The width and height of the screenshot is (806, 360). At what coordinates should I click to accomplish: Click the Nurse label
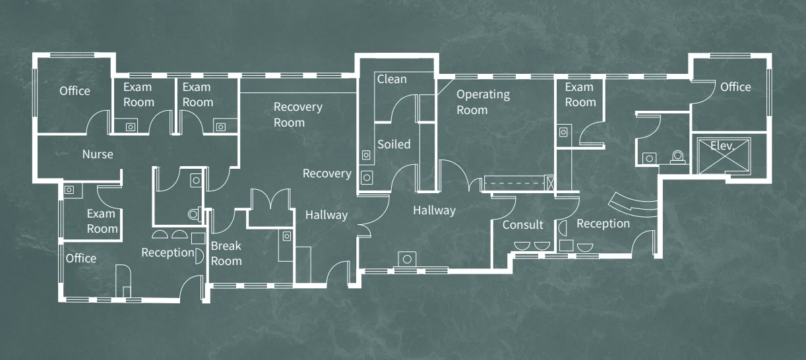98,154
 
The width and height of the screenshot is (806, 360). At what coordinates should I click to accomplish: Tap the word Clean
392,79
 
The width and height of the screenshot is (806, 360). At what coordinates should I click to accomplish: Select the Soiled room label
394,144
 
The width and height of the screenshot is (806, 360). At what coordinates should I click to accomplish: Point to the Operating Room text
483,102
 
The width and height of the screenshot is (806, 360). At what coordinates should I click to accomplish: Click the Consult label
523,225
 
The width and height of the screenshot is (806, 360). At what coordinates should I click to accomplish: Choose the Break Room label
226,254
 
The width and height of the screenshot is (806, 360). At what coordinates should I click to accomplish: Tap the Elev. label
722,146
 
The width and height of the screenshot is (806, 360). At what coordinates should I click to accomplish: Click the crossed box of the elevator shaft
724,156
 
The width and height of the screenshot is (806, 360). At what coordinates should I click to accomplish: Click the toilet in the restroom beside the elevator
677,157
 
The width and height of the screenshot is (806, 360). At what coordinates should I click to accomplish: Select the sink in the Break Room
287,236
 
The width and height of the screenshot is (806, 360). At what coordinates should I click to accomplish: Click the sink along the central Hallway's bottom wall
407,259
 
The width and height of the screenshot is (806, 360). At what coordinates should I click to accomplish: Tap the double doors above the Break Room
270,198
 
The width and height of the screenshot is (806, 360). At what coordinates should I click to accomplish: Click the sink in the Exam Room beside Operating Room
563,133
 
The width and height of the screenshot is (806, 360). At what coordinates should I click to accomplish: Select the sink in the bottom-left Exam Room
69,190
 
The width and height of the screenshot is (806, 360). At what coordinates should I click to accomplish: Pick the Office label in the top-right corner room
735,87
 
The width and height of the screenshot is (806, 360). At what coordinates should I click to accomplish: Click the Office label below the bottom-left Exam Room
81,258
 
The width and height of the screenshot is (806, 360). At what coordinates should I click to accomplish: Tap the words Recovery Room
298,115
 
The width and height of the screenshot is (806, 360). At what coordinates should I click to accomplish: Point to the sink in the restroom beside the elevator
650,158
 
